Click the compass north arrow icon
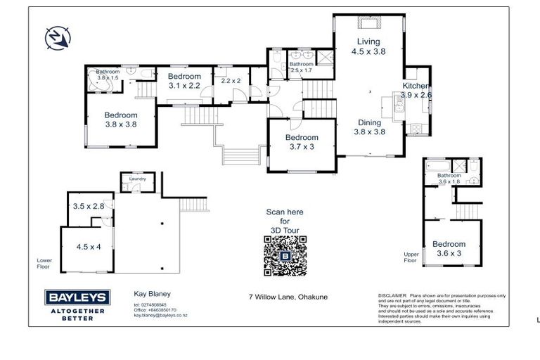point(56,37)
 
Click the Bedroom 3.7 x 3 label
point(302,142)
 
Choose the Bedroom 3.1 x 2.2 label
point(184,81)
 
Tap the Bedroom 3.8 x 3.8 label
point(120,120)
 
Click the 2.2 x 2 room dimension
point(231,81)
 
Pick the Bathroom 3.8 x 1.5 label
point(108,74)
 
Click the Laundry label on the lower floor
point(137,179)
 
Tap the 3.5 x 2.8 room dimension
point(89,206)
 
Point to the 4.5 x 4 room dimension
point(89,247)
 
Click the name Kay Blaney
point(153,295)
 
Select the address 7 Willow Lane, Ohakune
point(288,297)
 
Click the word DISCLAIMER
point(392,295)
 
